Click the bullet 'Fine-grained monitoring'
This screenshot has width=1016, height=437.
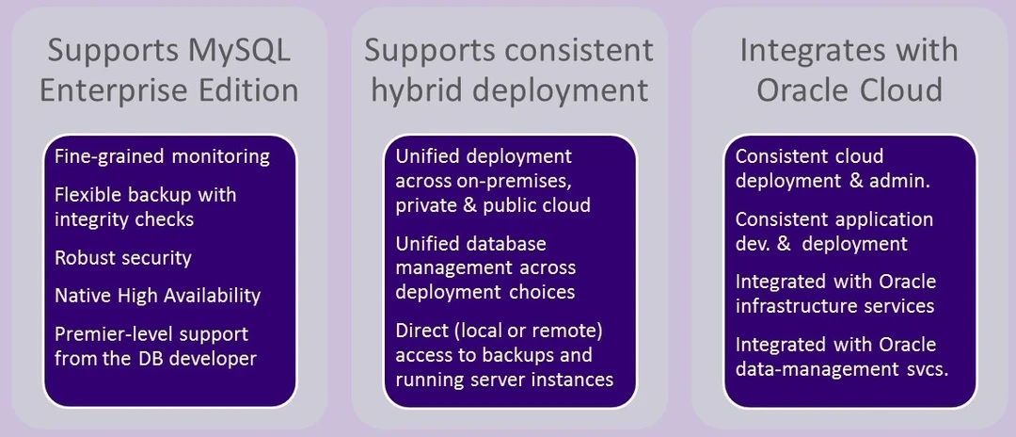pyautogui.click(x=162, y=155)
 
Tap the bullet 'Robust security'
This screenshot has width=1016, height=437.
pyautogui.click(x=122, y=257)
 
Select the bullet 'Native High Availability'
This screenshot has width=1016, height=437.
pyautogui.click(x=157, y=295)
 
